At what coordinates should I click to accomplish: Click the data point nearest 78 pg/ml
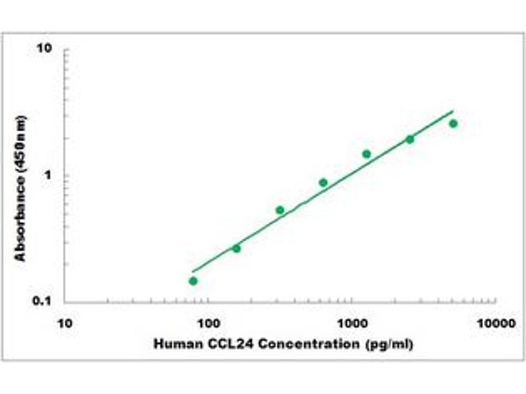[193, 281]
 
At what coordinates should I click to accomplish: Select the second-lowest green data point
[237, 248]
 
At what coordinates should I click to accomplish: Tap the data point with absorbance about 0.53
[280, 210]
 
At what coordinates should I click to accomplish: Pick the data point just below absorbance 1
[323, 183]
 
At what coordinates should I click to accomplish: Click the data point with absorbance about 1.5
[366, 154]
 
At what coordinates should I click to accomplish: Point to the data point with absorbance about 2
[410, 139]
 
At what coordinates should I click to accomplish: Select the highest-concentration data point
[453, 123]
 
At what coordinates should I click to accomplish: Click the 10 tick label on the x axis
[64, 323]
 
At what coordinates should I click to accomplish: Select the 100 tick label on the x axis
[208, 323]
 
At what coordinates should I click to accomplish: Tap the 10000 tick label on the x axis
[494, 323]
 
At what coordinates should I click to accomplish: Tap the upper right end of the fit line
[453, 111]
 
